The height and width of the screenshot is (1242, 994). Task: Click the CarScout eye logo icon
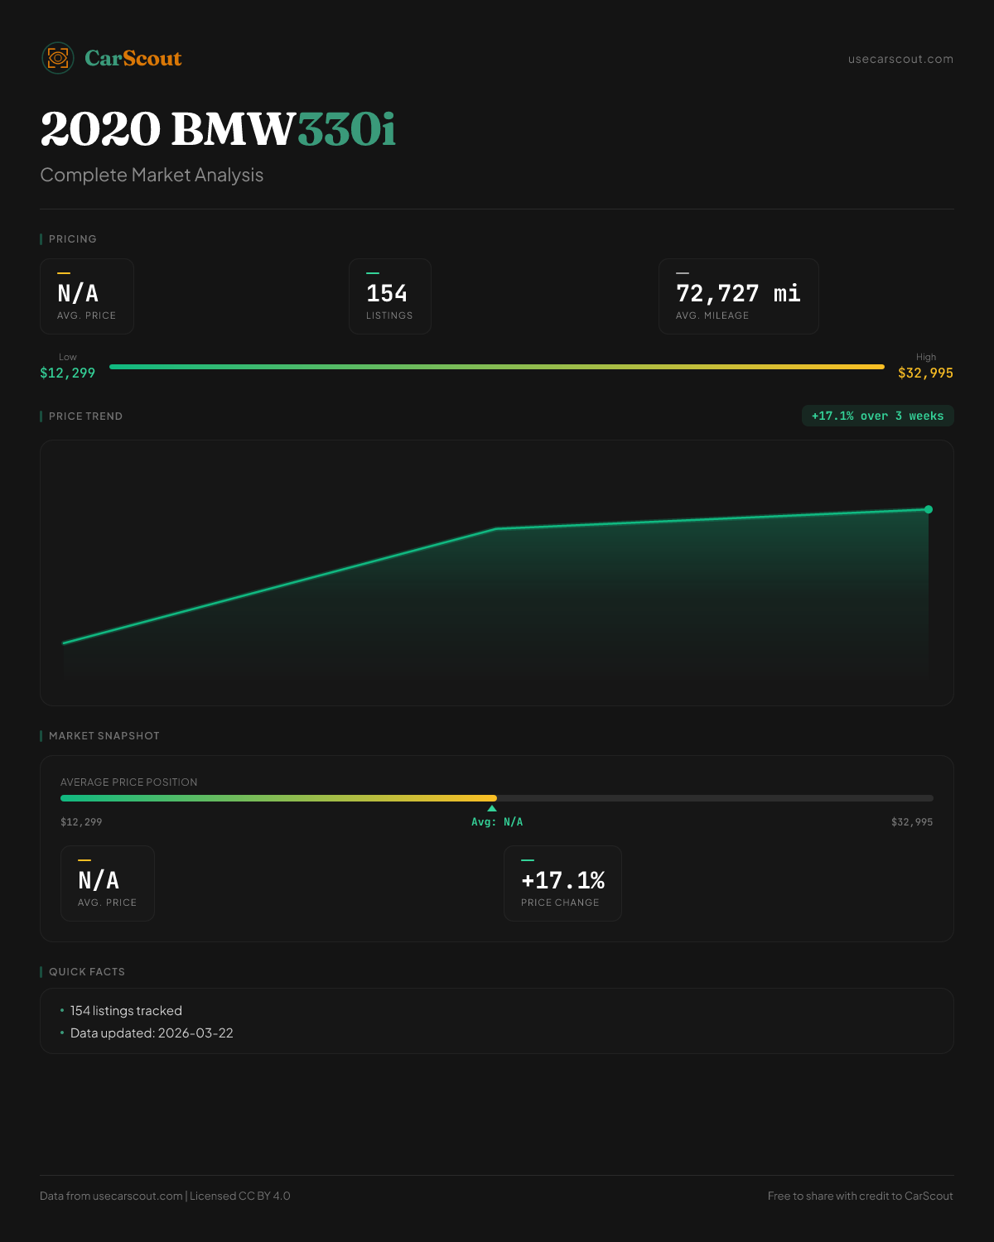click(x=58, y=58)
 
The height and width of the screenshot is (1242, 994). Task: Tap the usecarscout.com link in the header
click(x=900, y=59)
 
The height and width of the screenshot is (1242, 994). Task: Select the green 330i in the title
click(x=346, y=130)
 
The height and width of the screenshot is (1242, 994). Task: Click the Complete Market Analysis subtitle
click(x=152, y=176)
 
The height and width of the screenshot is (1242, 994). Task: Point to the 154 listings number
click(x=387, y=294)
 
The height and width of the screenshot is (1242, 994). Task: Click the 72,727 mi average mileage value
click(x=738, y=294)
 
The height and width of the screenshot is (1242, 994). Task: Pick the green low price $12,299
click(x=68, y=373)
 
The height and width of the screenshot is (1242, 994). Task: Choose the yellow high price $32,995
click(x=925, y=373)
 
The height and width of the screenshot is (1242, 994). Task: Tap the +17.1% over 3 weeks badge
click(x=877, y=416)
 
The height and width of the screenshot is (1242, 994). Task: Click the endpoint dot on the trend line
click(x=929, y=509)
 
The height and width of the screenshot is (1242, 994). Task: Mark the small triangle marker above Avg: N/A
click(x=492, y=808)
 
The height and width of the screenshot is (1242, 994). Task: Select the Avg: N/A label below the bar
click(x=497, y=822)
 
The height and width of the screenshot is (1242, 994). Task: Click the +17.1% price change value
click(x=562, y=881)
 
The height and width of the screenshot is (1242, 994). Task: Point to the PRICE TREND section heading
click(x=85, y=416)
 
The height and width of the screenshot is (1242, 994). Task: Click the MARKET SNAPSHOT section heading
click(x=104, y=736)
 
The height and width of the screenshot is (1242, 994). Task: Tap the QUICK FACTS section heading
click(x=87, y=972)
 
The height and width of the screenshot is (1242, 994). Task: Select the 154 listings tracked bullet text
click(x=126, y=1011)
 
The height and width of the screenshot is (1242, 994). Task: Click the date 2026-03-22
click(x=195, y=1033)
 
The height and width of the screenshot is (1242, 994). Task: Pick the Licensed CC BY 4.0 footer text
click(x=240, y=1196)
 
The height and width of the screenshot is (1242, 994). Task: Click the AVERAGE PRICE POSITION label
click(x=129, y=782)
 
